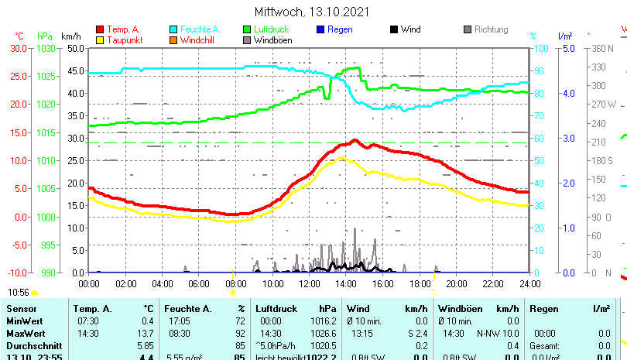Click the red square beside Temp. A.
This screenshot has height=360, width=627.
tap(99, 29)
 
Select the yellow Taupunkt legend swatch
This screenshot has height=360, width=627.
tap(99, 39)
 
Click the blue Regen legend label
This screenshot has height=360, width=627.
tap(340, 29)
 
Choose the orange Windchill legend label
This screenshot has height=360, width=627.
tap(200, 39)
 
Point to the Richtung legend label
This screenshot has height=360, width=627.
tap(491, 29)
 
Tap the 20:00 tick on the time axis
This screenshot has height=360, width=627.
tap(456, 284)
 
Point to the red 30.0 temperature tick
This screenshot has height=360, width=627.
tap(19, 48)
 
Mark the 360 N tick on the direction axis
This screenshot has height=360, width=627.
tap(601, 48)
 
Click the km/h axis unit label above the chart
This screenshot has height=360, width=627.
tap(70, 36)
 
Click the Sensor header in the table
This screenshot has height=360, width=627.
tap(21, 309)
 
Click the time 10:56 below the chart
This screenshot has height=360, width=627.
tap(19, 292)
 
